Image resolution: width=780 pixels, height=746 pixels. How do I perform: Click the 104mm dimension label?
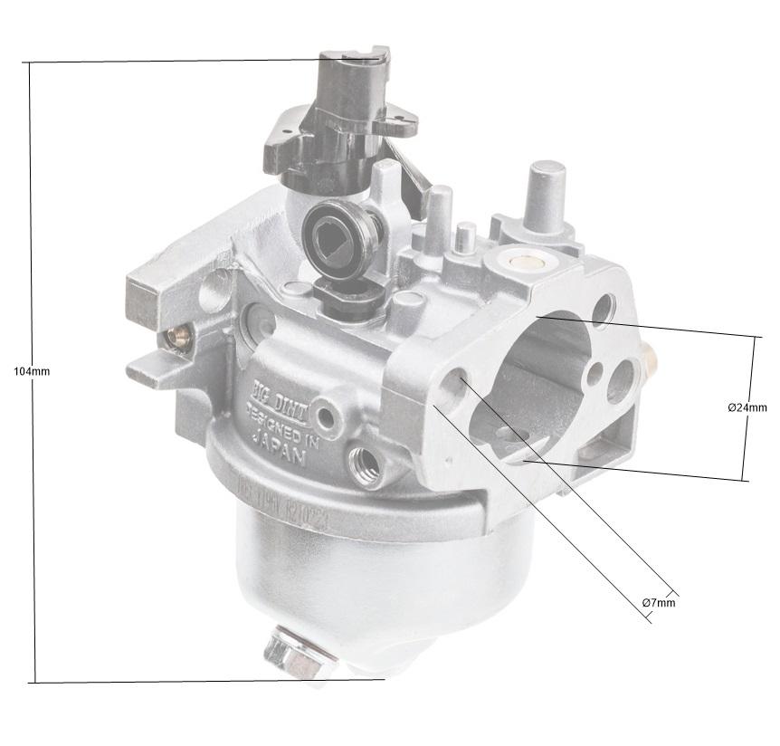[32, 371]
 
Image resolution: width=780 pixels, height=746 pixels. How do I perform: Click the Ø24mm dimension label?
[747, 407]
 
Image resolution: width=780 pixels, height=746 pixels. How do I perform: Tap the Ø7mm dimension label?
[658, 602]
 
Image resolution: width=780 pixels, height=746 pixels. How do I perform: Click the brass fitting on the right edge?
[648, 359]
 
